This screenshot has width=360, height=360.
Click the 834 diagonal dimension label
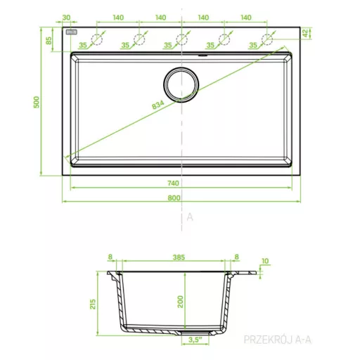coord(157,105)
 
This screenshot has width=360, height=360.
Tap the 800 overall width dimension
coord(174,198)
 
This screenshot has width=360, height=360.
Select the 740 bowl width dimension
coord(173,184)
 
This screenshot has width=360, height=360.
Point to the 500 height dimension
coord(37,102)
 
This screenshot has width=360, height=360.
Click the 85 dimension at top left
coord(49,41)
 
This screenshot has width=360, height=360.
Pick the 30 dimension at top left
coord(66,18)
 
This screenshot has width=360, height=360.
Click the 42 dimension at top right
coord(305,33)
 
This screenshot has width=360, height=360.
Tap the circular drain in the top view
coord(181,84)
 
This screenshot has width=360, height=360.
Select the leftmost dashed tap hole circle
coord(97,39)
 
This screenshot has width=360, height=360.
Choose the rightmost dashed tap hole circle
coord(267,39)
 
